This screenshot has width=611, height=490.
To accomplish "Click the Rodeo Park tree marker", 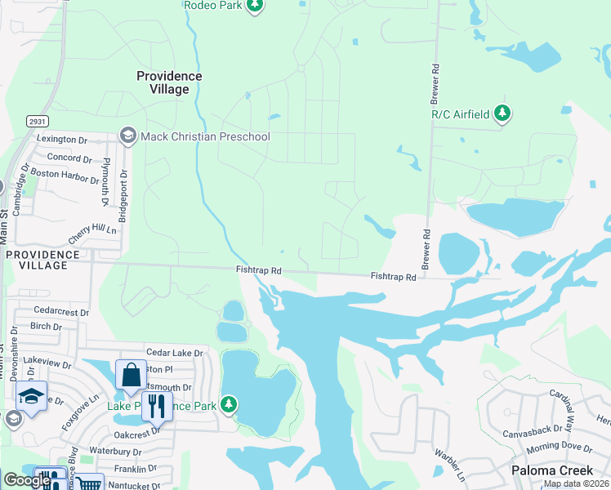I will pos(255,6).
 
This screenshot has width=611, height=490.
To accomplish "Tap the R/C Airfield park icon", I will pos(503,114).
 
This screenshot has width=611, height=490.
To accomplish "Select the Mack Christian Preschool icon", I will pos(128,135).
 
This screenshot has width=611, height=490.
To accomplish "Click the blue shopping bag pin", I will pos(131,376).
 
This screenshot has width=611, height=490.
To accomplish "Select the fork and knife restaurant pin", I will pos(157,405).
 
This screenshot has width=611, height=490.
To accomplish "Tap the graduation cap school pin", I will pos(32,397).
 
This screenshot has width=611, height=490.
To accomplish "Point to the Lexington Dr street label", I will pos(61,140).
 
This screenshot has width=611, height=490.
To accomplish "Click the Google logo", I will pos(26,480).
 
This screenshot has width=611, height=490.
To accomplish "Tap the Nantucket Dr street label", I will pos(130,485).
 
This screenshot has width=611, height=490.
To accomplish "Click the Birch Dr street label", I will pos(46,326).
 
